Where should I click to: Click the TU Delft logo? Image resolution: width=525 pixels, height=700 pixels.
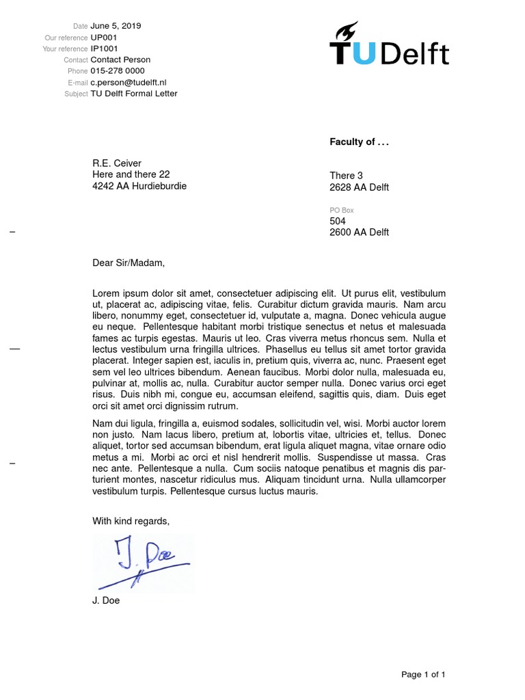click(389, 45)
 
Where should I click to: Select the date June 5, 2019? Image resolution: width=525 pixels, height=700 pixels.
click(116, 26)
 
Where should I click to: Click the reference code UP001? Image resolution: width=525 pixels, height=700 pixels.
click(105, 38)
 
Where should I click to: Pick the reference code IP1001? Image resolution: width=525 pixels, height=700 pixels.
click(105, 49)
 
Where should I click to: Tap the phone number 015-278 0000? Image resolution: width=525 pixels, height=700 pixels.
click(118, 71)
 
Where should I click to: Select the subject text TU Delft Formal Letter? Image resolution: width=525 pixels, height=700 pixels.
click(134, 94)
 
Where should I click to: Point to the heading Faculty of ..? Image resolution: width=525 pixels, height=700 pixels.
click(359, 142)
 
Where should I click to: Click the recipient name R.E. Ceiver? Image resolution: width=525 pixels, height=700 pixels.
click(117, 163)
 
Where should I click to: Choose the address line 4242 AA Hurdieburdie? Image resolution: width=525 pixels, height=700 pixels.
click(139, 186)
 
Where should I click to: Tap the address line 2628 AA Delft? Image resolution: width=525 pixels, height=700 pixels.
click(359, 187)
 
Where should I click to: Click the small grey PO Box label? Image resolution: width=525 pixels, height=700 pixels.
click(341, 211)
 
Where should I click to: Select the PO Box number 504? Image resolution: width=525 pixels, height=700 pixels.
click(338, 221)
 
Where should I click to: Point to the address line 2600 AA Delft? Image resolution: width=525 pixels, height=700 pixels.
click(359, 232)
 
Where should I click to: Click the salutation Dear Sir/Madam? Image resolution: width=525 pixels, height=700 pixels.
click(129, 262)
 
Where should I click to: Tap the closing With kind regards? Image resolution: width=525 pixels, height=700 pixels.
click(131, 521)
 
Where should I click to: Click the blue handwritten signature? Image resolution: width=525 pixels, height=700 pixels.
click(144, 563)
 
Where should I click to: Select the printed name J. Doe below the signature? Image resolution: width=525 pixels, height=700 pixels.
click(106, 601)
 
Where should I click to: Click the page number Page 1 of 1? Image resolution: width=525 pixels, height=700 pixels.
click(423, 675)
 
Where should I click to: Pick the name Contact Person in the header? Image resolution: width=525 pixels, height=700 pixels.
click(120, 59)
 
